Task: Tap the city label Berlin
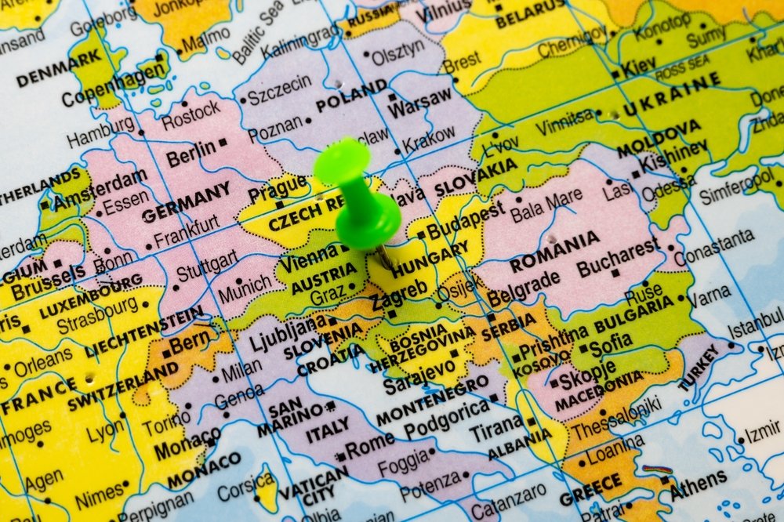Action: coord(191,151)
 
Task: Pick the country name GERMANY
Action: coord(186,201)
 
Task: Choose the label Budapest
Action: coord(466,219)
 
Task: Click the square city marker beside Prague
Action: coord(280,205)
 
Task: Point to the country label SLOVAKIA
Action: coord(476,179)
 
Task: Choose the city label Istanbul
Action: coord(756,324)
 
